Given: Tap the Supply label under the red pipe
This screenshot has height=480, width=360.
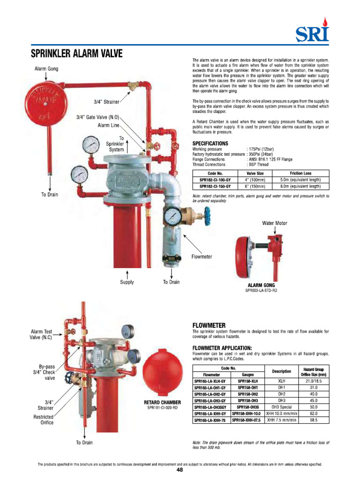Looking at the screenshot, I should (x=127, y=282).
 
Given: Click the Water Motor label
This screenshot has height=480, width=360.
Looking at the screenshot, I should (x=274, y=223).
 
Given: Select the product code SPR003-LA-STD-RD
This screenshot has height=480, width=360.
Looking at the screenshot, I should (x=261, y=291).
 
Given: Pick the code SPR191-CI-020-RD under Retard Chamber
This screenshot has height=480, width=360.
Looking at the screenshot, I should (x=163, y=408).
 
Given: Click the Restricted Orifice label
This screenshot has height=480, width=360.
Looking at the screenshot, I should (x=43, y=420).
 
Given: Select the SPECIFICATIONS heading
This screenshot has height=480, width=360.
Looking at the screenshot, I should (x=210, y=143).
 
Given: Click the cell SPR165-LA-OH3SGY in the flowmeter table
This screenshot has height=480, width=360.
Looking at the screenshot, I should (x=210, y=407).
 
